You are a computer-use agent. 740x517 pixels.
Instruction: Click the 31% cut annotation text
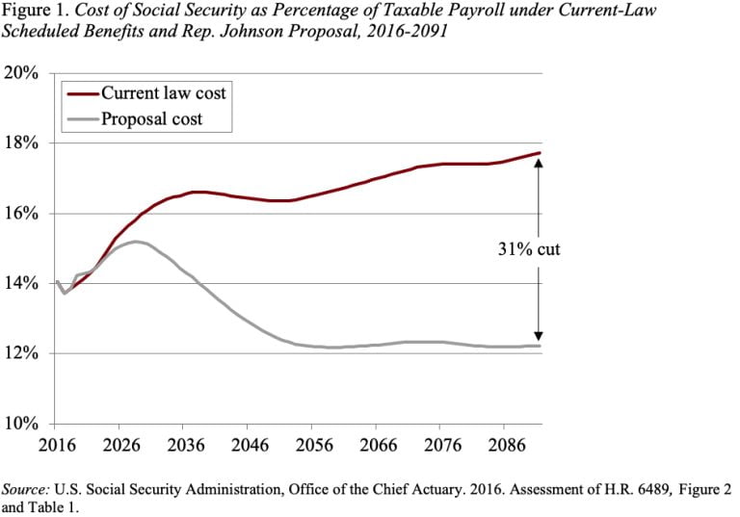521,249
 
